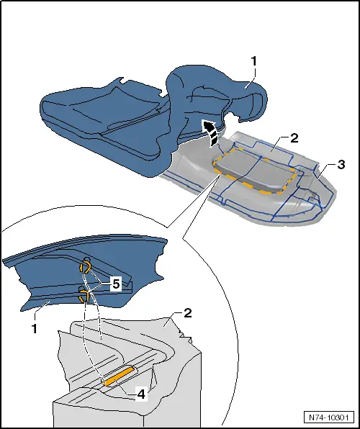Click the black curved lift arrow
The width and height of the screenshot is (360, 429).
coord(210,133)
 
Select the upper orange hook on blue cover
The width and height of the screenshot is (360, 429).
coord(84,268)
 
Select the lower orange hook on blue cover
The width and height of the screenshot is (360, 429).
coord(84,294)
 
